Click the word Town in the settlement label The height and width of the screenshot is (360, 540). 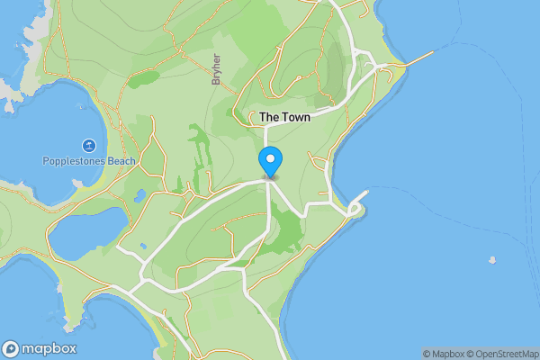[295, 118]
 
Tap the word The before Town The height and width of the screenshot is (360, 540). [269, 118]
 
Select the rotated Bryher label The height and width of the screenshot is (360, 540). [216, 69]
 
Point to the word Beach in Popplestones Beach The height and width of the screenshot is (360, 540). [121, 162]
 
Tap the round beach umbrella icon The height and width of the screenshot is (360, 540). [89, 146]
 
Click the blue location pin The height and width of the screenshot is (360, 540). [270, 162]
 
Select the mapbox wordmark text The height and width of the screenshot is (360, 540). [49, 349]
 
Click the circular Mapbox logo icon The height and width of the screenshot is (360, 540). [11, 349]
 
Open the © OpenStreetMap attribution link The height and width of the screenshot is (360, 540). [502, 354]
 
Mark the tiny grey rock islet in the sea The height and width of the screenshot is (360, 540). [491, 261]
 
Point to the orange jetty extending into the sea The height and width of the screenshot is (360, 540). [418, 58]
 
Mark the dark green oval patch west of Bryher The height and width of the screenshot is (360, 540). [143, 79]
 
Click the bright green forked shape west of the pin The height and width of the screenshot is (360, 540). [196, 148]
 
